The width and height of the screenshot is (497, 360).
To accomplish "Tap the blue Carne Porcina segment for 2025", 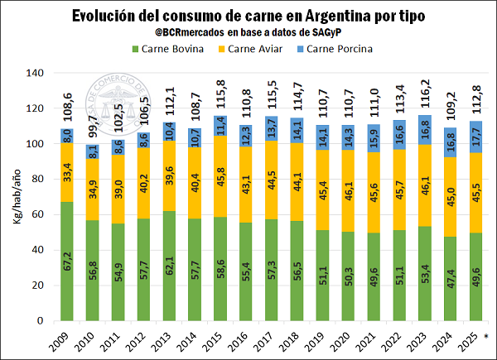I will [x=475, y=137].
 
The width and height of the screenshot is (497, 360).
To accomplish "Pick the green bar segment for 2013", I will [x=168, y=266].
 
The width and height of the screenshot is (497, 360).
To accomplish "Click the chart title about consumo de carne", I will [x=248, y=15].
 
